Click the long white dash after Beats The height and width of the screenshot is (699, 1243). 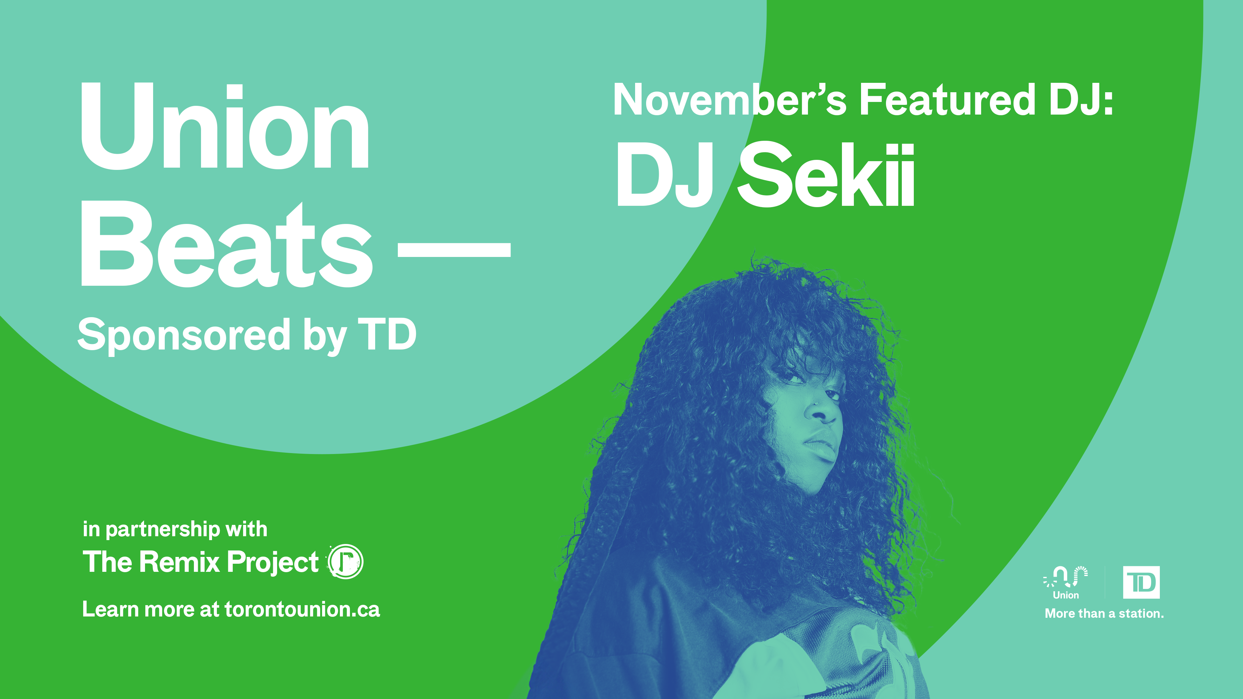[x=454, y=250]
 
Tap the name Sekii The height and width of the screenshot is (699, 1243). [x=826, y=175]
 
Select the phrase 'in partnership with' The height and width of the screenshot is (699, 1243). [x=175, y=529]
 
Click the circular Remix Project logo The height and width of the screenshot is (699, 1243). [x=345, y=561]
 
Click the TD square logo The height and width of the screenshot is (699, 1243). [x=1141, y=582]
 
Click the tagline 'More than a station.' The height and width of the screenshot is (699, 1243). [x=1104, y=614]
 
